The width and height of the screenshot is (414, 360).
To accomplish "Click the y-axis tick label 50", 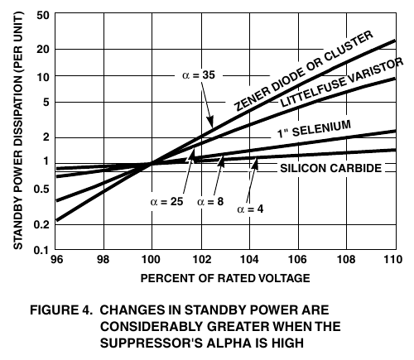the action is pyautogui.click(x=43, y=16).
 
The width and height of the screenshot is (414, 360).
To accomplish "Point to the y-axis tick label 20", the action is pyautogui.click(x=43, y=50).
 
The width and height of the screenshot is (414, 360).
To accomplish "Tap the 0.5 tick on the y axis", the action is pyautogui.click(x=41, y=190).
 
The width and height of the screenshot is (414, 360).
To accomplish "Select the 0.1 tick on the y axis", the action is pyautogui.click(x=41, y=250).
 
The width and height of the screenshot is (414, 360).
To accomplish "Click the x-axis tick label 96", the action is pyautogui.click(x=57, y=260).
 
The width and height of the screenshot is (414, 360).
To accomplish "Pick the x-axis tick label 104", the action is pyautogui.click(x=249, y=260).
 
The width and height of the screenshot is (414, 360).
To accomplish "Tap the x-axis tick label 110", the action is pyautogui.click(x=393, y=260).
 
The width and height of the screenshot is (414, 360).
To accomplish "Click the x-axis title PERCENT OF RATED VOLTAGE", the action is pyautogui.click(x=225, y=278).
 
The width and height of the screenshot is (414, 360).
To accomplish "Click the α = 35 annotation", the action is pyautogui.click(x=199, y=75).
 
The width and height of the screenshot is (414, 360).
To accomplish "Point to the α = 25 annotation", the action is pyautogui.click(x=166, y=202).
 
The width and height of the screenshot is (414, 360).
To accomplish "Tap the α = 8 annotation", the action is pyautogui.click(x=210, y=202).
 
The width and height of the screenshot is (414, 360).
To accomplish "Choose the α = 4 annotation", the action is pyautogui.click(x=250, y=209).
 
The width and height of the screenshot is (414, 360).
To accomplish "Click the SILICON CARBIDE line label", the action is pyautogui.click(x=331, y=168).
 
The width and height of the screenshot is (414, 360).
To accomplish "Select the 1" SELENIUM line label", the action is pyautogui.click(x=314, y=129).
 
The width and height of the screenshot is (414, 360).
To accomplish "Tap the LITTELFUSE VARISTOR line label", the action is pyautogui.click(x=342, y=82).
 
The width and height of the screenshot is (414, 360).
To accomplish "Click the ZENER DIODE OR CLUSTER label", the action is pyautogui.click(x=304, y=70).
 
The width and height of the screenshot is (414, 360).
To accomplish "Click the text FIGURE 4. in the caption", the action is pyautogui.click(x=61, y=310).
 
